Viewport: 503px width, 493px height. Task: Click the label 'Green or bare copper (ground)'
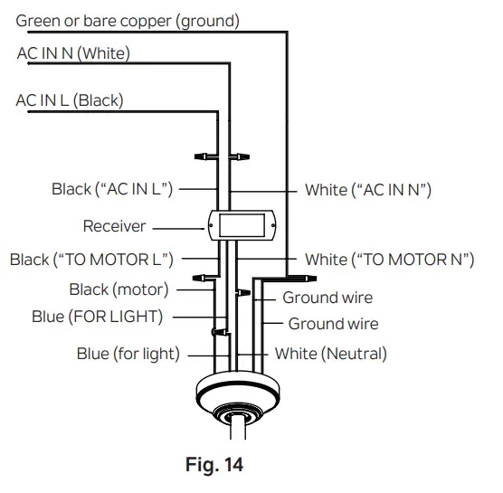click(x=128, y=20)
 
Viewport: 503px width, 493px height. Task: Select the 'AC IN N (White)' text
click(x=73, y=53)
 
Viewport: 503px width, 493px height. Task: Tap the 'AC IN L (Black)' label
click(x=70, y=100)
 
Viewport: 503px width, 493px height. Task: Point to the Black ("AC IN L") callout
click(x=112, y=189)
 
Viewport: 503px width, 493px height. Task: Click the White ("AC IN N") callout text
click(x=367, y=190)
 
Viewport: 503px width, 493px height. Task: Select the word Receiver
click(x=114, y=225)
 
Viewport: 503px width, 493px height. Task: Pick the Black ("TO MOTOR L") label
click(x=91, y=261)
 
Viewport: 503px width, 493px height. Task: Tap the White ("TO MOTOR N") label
click(x=389, y=261)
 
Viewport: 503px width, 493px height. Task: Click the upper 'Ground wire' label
click(x=327, y=298)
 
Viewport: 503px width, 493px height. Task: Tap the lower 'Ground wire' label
click(x=333, y=323)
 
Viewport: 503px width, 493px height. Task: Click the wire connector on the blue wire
click(x=216, y=333)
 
